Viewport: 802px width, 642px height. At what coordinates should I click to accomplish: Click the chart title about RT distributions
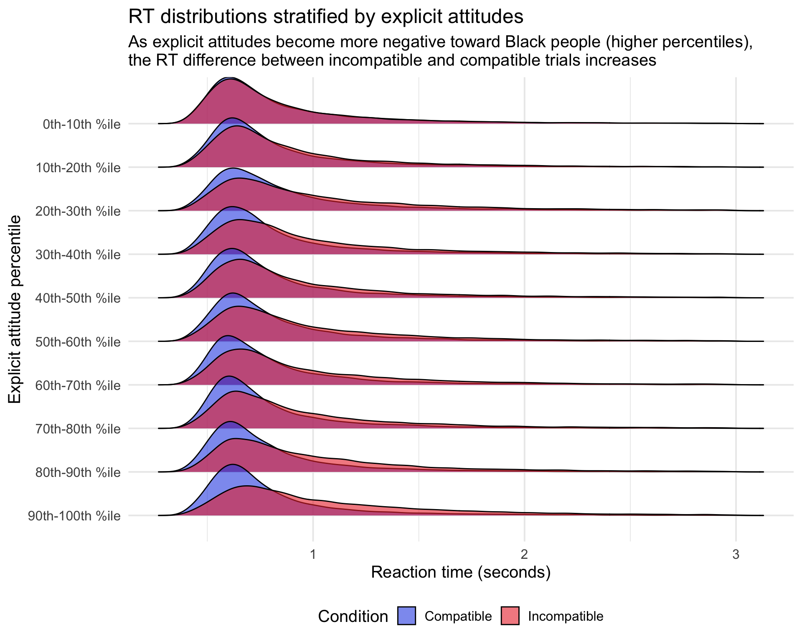325,17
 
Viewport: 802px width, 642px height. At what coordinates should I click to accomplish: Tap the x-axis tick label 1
313,555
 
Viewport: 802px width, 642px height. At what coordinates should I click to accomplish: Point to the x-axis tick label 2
524,555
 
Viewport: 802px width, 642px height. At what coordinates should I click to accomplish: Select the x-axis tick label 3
736,555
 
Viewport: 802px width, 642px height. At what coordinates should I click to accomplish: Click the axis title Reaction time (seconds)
460,572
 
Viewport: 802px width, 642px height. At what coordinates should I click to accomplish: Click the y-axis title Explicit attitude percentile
15,309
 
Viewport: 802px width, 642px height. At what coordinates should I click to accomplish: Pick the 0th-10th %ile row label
81,124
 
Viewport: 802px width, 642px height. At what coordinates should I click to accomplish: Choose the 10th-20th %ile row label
78,168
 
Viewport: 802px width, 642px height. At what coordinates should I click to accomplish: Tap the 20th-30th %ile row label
78,211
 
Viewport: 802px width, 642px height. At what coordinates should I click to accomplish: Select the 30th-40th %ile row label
78,255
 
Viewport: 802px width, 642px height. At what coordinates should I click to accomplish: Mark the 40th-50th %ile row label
78,298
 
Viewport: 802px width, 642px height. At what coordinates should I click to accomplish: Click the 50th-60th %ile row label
78,342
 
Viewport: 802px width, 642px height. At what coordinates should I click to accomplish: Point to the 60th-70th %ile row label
78,385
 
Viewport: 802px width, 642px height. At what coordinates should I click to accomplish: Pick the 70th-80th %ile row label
78,429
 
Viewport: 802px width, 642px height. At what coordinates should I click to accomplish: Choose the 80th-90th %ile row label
78,473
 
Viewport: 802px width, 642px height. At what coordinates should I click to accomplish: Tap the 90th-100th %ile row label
74,516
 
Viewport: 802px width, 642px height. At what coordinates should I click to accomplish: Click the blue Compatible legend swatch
406,616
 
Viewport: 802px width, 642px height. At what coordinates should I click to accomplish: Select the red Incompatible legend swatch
510,616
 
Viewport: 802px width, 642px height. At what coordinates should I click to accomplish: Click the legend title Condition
353,617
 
